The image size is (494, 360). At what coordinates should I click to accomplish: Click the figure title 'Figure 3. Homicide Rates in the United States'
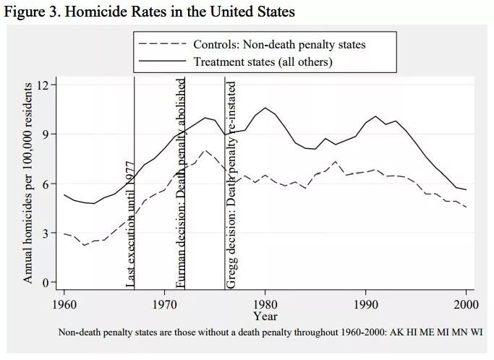(x=150, y=12)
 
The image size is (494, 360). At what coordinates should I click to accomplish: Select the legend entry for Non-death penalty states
(x=252, y=44)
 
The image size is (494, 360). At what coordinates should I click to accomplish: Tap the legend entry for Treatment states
(x=236, y=61)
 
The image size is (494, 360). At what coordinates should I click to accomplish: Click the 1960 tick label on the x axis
(x=64, y=304)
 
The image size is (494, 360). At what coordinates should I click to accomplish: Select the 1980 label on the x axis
(x=265, y=304)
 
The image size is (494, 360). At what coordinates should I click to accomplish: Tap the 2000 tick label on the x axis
(x=466, y=304)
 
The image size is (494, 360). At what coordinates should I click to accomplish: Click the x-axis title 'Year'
(x=265, y=316)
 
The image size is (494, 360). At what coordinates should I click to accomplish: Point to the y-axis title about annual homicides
(x=27, y=183)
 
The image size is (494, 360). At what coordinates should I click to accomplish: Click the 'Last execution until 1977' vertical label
(x=130, y=224)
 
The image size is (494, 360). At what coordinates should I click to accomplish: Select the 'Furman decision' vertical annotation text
(x=180, y=184)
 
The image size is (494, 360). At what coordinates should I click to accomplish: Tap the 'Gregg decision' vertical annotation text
(x=231, y=185)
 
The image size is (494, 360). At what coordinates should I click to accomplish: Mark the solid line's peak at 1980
(x=265, y=108)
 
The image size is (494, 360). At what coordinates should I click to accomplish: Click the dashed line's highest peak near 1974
(x=205, y=150)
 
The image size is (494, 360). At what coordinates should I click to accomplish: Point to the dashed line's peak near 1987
(x=336, y=161)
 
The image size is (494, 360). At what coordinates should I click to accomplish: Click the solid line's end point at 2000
(x=466, y=189)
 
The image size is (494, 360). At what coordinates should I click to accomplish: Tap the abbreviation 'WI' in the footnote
(x=477, y=332)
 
